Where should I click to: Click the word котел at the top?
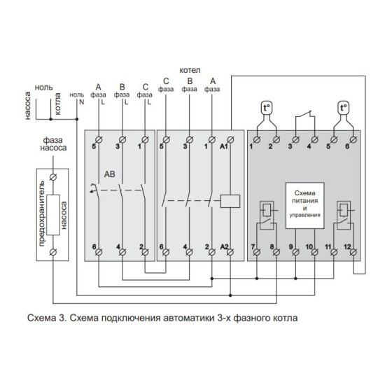point(190,70)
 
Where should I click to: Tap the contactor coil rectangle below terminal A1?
point(230,201)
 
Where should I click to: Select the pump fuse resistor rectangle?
point(53,215)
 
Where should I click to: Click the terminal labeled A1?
point(230,140)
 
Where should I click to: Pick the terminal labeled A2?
point(230,252)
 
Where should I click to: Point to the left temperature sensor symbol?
point(267,108)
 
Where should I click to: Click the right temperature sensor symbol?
point(343,108)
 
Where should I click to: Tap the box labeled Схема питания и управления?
point(304,206)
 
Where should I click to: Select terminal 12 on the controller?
point(353,252)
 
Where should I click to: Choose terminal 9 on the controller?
point(295,252)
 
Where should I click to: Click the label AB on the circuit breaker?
point(109,174)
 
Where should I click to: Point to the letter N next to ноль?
point(82,102)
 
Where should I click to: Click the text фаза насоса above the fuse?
point(53,144)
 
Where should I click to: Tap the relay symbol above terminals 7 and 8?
point(267,215)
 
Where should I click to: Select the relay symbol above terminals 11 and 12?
point(344,215)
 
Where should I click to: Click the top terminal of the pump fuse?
point(53,177)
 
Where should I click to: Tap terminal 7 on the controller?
point(257,252)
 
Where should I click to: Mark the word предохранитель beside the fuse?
point(42,213)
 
